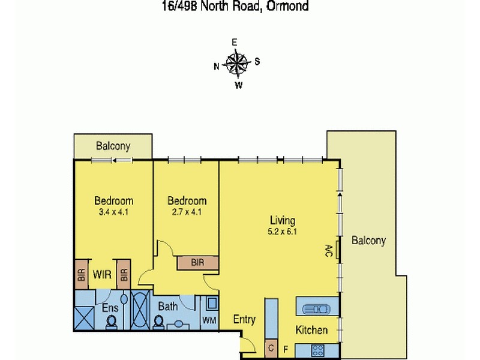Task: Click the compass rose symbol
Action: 237,63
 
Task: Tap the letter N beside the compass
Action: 217,67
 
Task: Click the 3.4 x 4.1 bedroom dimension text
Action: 113,212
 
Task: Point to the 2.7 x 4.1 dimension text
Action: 187,212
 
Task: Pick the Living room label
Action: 281,221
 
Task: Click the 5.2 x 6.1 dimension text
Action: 281,232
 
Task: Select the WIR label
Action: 103,274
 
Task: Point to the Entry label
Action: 244,320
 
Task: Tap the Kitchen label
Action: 311,330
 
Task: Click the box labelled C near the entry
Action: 271,347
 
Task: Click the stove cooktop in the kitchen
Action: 318,349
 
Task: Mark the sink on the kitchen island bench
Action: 316,309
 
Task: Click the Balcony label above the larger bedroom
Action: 113,146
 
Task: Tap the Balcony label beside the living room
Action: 368,241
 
